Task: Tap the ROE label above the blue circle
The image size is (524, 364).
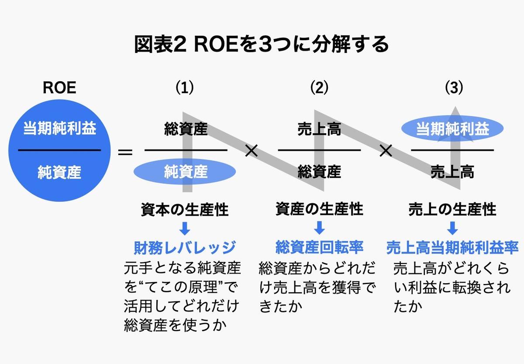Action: [59, 87]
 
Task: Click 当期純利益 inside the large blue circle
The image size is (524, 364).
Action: [59, 129]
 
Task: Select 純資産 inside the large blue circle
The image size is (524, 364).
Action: [59, 172]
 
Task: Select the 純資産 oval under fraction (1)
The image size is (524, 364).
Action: [186, 172]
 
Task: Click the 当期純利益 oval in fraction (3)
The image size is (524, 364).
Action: [452, 129]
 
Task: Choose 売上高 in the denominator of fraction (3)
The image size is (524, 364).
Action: [452, 172]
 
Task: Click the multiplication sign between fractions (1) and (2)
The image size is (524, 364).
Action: [252, 152]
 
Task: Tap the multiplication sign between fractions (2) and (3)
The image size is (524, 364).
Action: [386, 152]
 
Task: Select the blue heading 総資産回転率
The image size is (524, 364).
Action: [319, 248]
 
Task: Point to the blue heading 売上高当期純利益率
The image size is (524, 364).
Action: [452, 248]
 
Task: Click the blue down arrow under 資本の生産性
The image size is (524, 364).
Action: [185, 228]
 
